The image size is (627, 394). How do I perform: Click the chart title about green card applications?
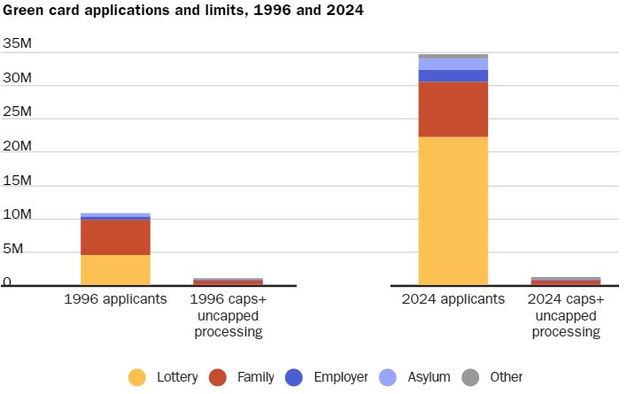coord(182,11)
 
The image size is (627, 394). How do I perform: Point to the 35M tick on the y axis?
coord(18,43)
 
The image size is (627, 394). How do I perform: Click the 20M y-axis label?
coord(18,146)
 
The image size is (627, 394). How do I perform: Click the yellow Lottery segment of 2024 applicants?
coord(453,211)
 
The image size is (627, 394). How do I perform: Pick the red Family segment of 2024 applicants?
coord(453,109)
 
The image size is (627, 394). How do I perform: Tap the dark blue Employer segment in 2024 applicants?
coord(453,76)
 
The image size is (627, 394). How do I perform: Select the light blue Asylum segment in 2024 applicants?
coord(453,64)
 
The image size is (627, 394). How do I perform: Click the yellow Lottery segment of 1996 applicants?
coord(115,269)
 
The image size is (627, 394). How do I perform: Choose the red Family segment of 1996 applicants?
coord(115,236)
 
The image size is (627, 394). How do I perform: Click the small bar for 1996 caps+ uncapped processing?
coord(228,282)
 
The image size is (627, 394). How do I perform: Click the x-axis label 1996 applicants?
coord(115,299)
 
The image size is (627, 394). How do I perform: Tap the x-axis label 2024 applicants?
coord(453,299)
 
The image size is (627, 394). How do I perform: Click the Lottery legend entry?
coord(163,377)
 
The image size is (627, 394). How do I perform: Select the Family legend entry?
coord(244,377)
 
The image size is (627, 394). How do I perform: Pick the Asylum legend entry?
coord(416,377)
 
